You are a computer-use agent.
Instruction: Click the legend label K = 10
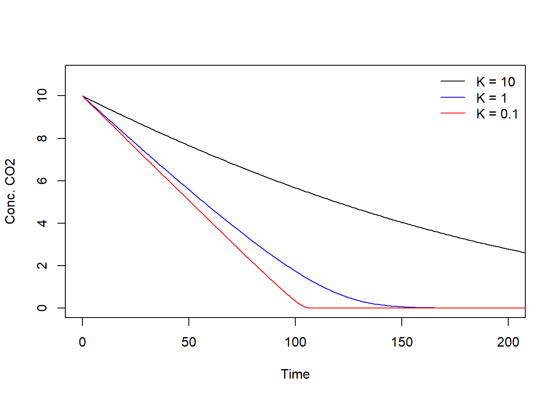(x=495, y=82)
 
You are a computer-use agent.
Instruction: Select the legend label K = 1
(x=491, y=98)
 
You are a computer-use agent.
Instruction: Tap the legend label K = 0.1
(x=497, y=114)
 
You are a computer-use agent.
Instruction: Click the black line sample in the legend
(x=453, y=81)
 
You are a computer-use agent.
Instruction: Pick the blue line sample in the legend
(x=453, y=97)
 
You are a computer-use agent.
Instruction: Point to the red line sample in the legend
(x=453, y=113)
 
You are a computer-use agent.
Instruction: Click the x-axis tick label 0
(x=82, y=342)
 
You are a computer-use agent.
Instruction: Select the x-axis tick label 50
(x=189, y=342)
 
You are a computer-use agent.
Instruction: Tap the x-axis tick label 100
(x=295, y=342)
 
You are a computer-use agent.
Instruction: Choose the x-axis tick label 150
(x=402, y=342)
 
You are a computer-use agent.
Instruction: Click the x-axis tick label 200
(x=508, y=342)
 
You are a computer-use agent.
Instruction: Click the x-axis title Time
(x=295, y=374)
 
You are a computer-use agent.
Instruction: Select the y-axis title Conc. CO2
(x=10, y=191)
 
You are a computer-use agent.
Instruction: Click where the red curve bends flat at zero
(x=307, y=308)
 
